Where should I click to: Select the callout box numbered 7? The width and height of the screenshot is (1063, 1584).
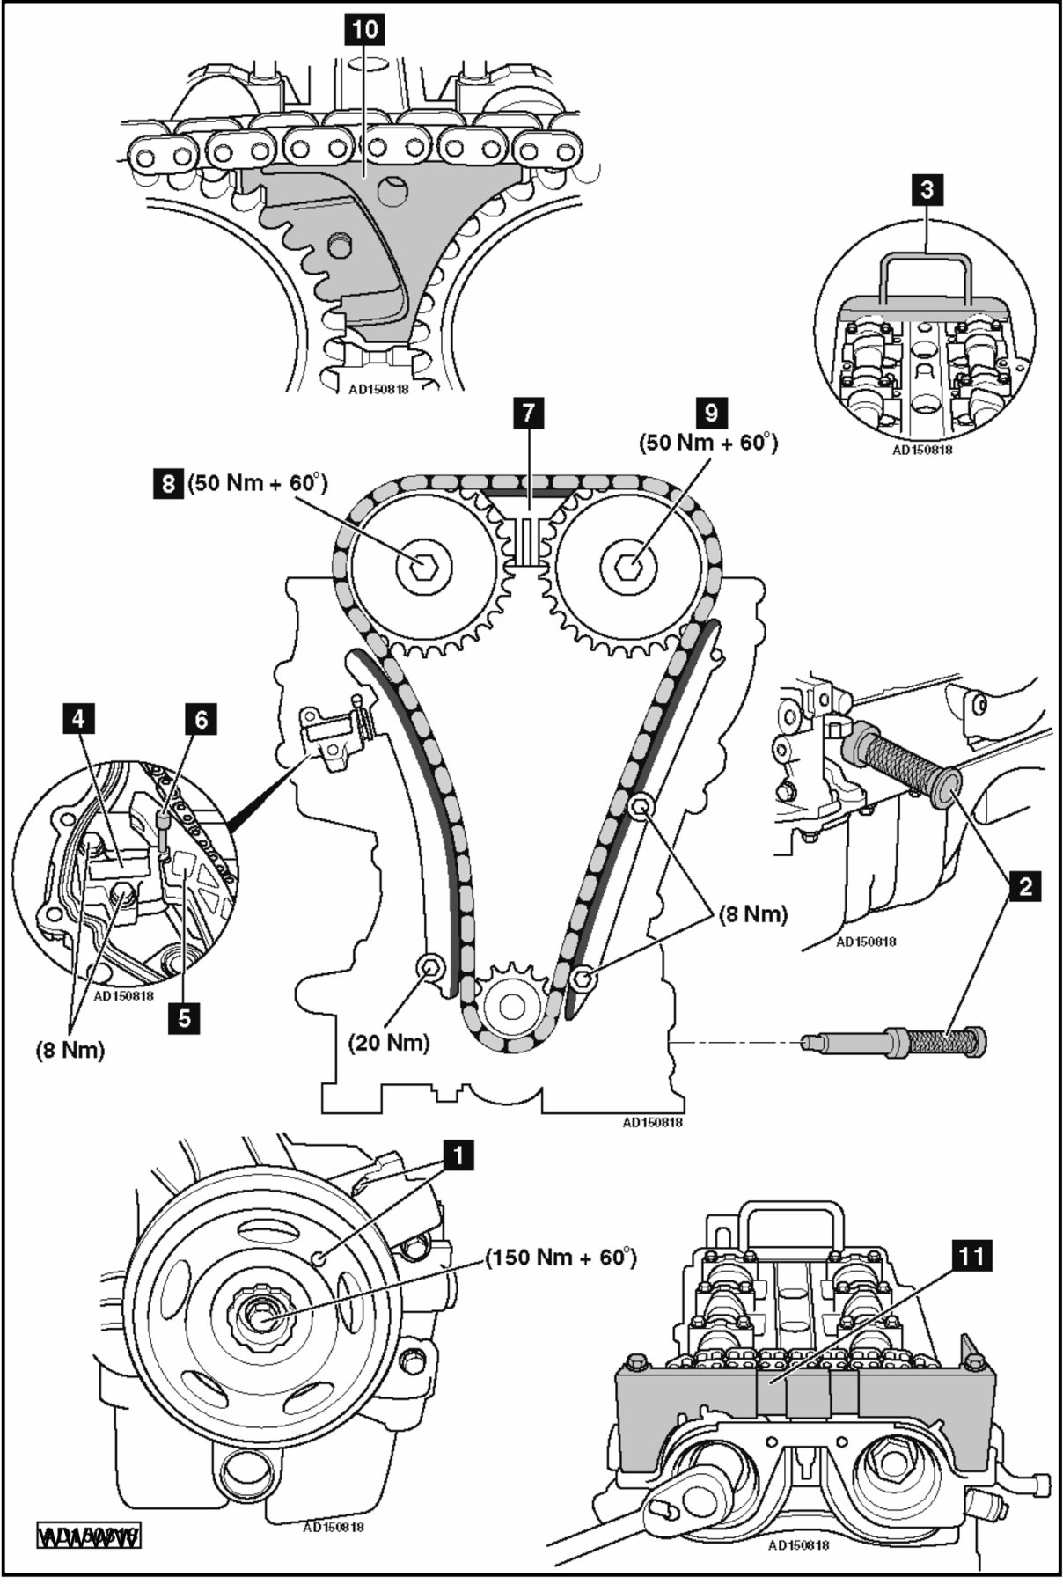(x=528, y=413)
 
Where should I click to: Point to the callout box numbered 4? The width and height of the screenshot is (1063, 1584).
(x=79, y=720)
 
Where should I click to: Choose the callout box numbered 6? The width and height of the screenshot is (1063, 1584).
(x=201, y=720)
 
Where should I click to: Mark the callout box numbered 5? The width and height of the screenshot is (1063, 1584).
(x=184, y=1017)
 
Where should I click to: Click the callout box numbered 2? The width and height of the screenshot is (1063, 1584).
(x=1023, y=885)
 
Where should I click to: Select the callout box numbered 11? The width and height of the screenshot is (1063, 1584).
(x=971, y=1256)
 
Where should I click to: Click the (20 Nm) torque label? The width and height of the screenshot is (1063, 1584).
(x=389, y=1043)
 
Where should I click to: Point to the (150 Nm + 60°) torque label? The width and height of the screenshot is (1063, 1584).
(x=561, y=1257)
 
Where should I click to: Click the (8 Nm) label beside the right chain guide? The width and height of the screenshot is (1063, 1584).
(x=751, y=913)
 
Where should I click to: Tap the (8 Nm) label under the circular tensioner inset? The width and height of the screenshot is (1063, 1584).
(x=70, y=1050)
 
